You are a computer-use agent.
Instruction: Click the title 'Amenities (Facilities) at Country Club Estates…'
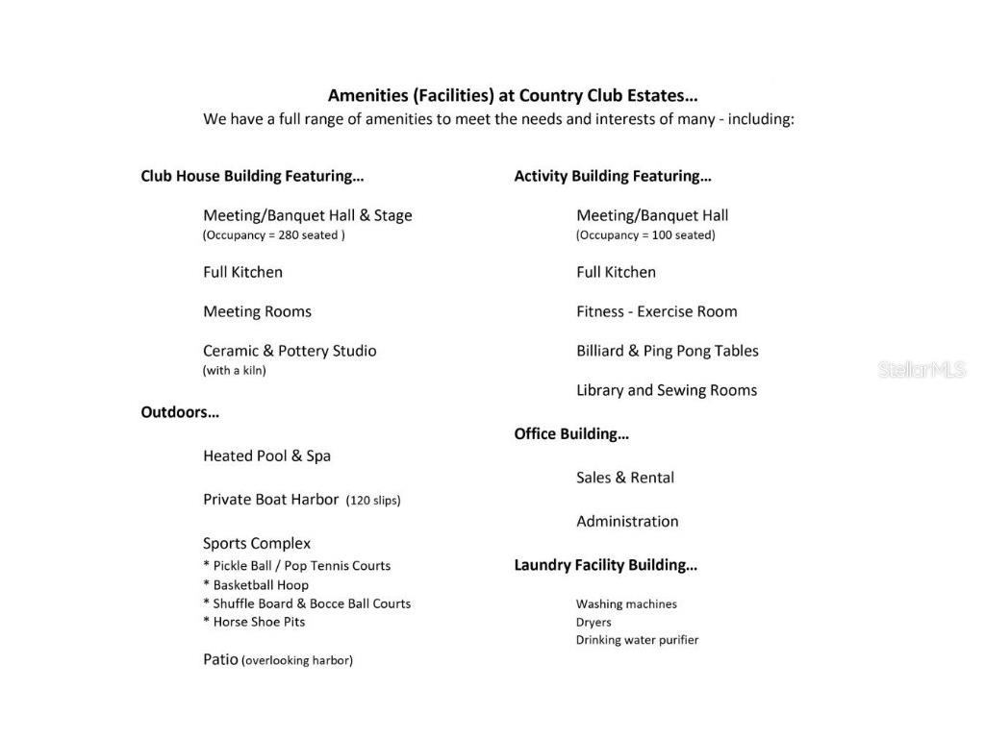pos(513,95)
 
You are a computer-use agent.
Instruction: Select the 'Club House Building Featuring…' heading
pos(252,176)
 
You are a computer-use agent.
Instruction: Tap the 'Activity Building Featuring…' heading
pos(613,176)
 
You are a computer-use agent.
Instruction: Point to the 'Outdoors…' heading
pos(180,412)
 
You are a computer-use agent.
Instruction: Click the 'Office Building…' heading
pos(571,433)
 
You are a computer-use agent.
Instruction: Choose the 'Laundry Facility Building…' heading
pos(606,565)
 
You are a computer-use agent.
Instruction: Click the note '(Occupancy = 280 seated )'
pos(274,235)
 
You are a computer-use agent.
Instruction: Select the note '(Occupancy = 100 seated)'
pos(645,235)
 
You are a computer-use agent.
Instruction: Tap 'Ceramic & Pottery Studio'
pos(290,351)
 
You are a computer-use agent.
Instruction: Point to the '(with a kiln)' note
pos(235,371)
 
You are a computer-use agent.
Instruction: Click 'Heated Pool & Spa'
pos(266,455)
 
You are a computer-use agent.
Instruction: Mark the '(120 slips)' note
pos(373,501)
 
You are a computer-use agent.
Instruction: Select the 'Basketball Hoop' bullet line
pos(256,584)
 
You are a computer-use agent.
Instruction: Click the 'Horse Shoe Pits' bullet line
pos(254,622)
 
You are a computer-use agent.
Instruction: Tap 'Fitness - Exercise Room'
pos(657,311)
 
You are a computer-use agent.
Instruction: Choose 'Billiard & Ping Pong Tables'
pos(668,351)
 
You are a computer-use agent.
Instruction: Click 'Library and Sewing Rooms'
pos(667,390)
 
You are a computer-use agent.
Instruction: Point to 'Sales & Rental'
pos(625,478)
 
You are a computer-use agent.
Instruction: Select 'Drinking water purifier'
pos(637,640)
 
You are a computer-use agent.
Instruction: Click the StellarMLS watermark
pos(921,370)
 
